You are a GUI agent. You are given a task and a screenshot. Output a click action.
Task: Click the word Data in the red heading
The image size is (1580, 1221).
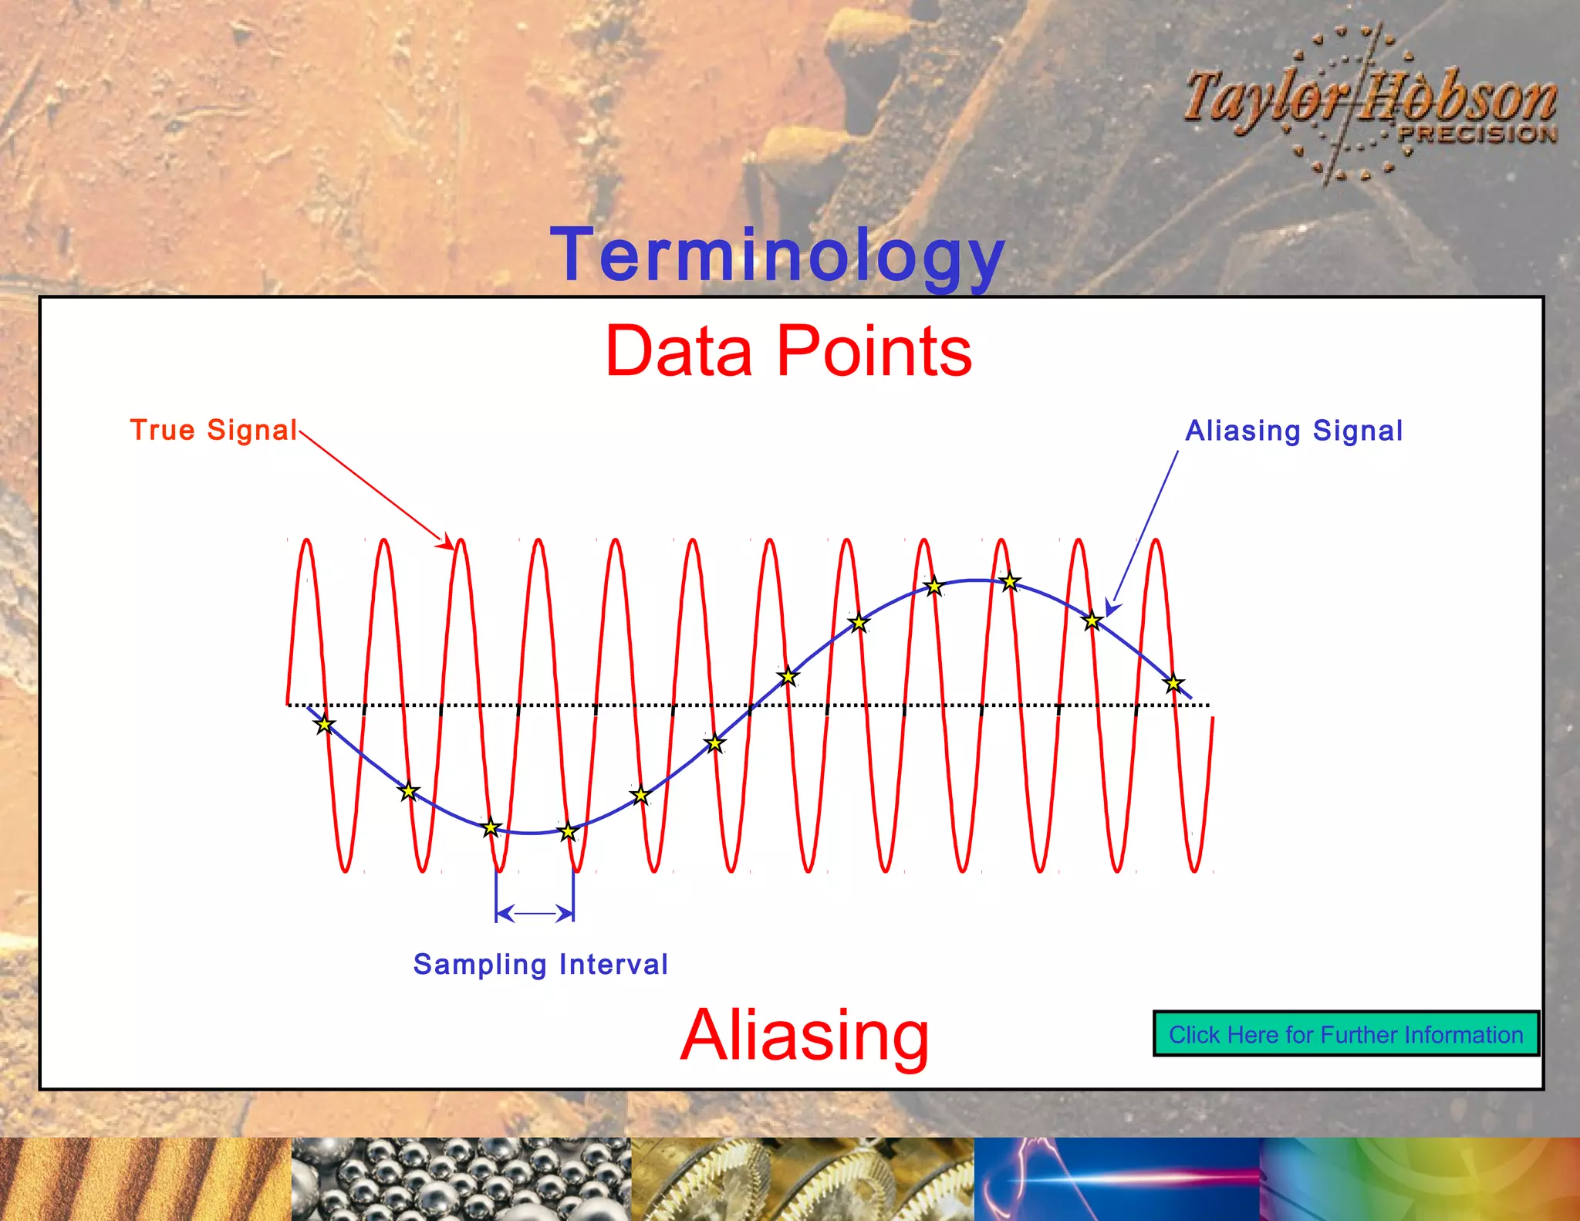click(x=679, y=352)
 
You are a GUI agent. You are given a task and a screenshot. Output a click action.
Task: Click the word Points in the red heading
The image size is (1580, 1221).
click(x=874, y=352)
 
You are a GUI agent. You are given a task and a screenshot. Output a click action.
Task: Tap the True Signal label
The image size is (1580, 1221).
click(x=214, y=430)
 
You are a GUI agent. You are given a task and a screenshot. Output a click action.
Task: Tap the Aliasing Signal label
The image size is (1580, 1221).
click(x=1294, y=431)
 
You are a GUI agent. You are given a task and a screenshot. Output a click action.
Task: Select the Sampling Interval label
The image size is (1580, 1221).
click(x=540, y=964)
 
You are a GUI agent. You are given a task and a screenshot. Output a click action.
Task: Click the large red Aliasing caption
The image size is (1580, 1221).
click(x=805, y=1035)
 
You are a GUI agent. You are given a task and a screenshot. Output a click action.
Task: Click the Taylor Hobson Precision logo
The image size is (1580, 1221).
click(x=1370, y=104)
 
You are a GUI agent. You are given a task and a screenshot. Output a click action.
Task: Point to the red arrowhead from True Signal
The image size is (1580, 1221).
click(x=447, y=543)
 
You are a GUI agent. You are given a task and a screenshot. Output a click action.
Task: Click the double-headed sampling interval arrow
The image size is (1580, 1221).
click(x=535, y=914)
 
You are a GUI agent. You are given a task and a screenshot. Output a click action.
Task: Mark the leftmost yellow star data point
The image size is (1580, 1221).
click(x=325, y=724)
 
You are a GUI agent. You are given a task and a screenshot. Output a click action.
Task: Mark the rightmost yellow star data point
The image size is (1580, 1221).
click(x=1173, y=683)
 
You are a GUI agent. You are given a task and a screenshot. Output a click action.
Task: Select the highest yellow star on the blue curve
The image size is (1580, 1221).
click(x=1010, y=581)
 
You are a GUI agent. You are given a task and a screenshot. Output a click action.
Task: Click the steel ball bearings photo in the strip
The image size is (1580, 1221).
click(x=461, y=1179)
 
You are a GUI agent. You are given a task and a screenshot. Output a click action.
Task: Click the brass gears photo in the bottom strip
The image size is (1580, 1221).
click(x=802, y=1179)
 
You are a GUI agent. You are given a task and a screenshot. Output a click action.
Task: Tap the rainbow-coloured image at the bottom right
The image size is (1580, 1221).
click(x=1420, y=1179)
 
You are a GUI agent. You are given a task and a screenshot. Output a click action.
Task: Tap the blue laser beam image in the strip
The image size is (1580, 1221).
click(x=1116, y=1179)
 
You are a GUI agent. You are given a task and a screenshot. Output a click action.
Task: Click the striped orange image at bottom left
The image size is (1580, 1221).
click(x=145, y=1179)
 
